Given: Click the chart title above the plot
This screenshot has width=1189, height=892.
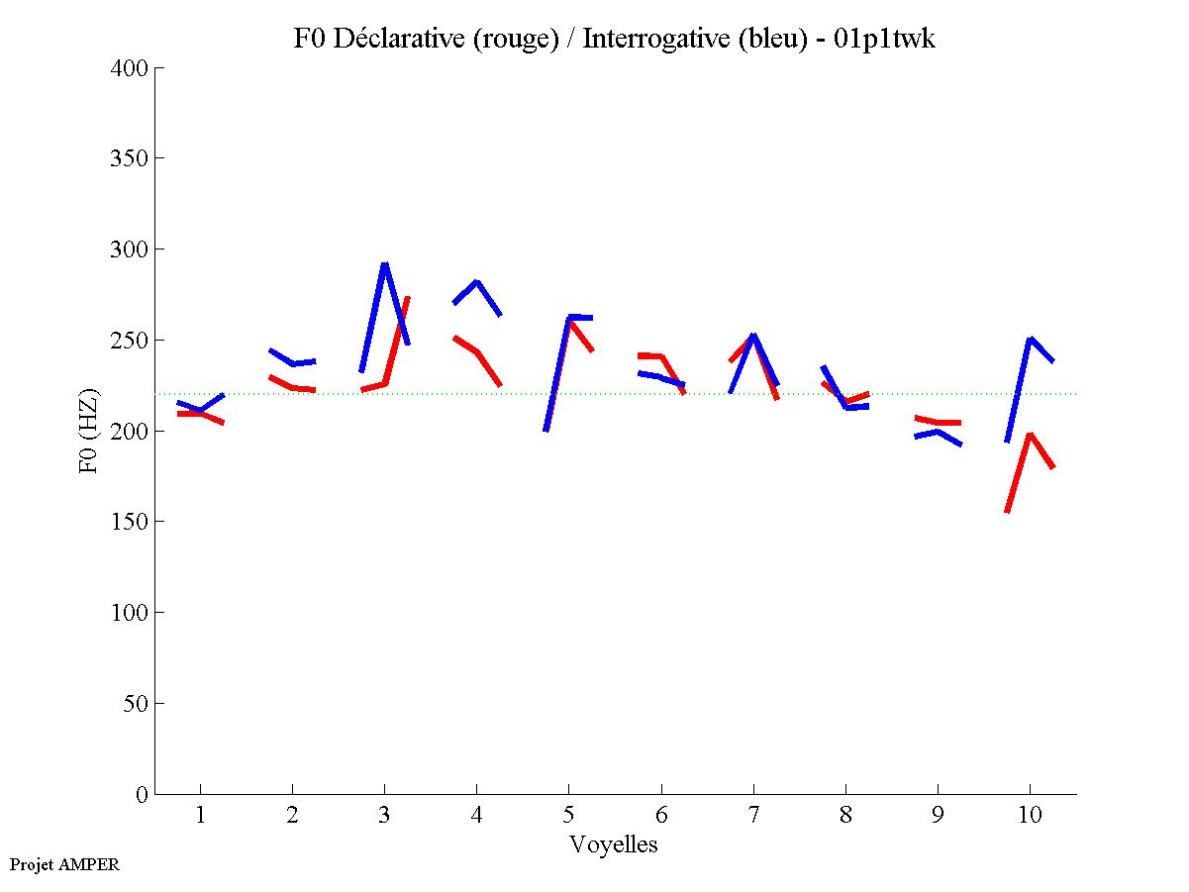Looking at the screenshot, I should tap(614, 39).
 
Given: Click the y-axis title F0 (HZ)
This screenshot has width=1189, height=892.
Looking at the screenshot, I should tap(88, 431).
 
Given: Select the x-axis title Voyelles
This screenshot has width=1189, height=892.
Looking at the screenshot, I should tap(614, 844).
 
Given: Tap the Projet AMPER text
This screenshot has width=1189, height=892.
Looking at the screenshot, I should tap(64, 864).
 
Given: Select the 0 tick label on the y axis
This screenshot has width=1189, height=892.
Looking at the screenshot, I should tap(143, 794).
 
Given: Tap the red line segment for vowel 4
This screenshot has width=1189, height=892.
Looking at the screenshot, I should tap(477, 352).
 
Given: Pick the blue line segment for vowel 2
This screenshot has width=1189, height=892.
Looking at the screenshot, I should tap(292, 363).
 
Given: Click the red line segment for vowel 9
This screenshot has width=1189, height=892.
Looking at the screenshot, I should tap(937, 422).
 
